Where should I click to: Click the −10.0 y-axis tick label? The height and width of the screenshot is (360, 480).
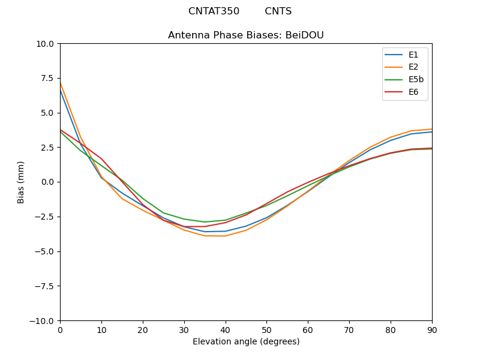[43, 321]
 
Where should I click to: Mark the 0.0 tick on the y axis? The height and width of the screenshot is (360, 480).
[48, 182]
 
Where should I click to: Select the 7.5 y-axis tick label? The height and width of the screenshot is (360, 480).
[48, 79]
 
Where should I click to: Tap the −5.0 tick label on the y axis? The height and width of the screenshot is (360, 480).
[45, 251]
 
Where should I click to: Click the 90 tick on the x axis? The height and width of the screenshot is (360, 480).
[432, 330]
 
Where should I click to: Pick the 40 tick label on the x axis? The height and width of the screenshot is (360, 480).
[225, 330]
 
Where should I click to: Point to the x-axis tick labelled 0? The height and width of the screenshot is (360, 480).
[60, 330]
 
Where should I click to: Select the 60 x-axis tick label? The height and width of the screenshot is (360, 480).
[308, 330]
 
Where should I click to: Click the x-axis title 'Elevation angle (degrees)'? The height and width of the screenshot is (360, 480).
[246, 342]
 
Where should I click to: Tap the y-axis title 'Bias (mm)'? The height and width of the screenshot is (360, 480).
[21, 182]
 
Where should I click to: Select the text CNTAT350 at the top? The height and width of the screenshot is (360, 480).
[214, 11]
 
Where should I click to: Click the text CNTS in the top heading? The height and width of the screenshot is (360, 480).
[278, 11]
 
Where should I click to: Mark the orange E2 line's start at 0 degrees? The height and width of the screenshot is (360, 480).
[60, 82]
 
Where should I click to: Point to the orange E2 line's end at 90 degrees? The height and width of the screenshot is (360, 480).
[432, 129]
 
